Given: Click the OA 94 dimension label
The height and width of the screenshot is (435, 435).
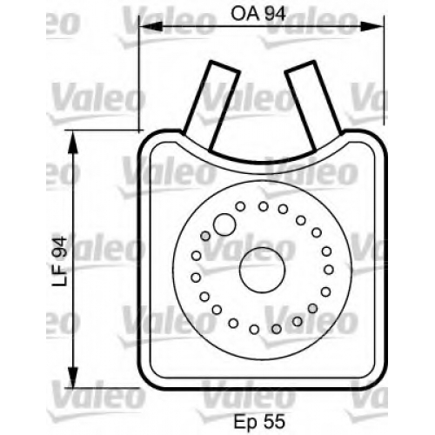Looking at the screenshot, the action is tap(258, 14).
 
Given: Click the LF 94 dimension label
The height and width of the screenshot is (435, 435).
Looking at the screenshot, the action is tap(59, 262).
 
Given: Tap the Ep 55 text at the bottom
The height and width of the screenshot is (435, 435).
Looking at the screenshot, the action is tap(259, 421).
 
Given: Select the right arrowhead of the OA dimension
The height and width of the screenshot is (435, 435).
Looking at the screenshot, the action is tap(372, 26).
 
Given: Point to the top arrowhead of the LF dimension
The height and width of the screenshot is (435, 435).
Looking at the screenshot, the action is tap(73, 143).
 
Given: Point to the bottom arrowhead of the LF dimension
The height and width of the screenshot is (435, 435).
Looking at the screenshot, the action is tap(73, 376).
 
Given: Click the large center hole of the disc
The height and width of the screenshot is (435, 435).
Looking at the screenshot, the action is tap(263, 270).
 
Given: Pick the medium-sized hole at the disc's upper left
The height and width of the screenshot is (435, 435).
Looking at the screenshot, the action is tap(224, 224).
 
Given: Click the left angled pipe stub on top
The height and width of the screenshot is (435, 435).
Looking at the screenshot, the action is tap(212, 105).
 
